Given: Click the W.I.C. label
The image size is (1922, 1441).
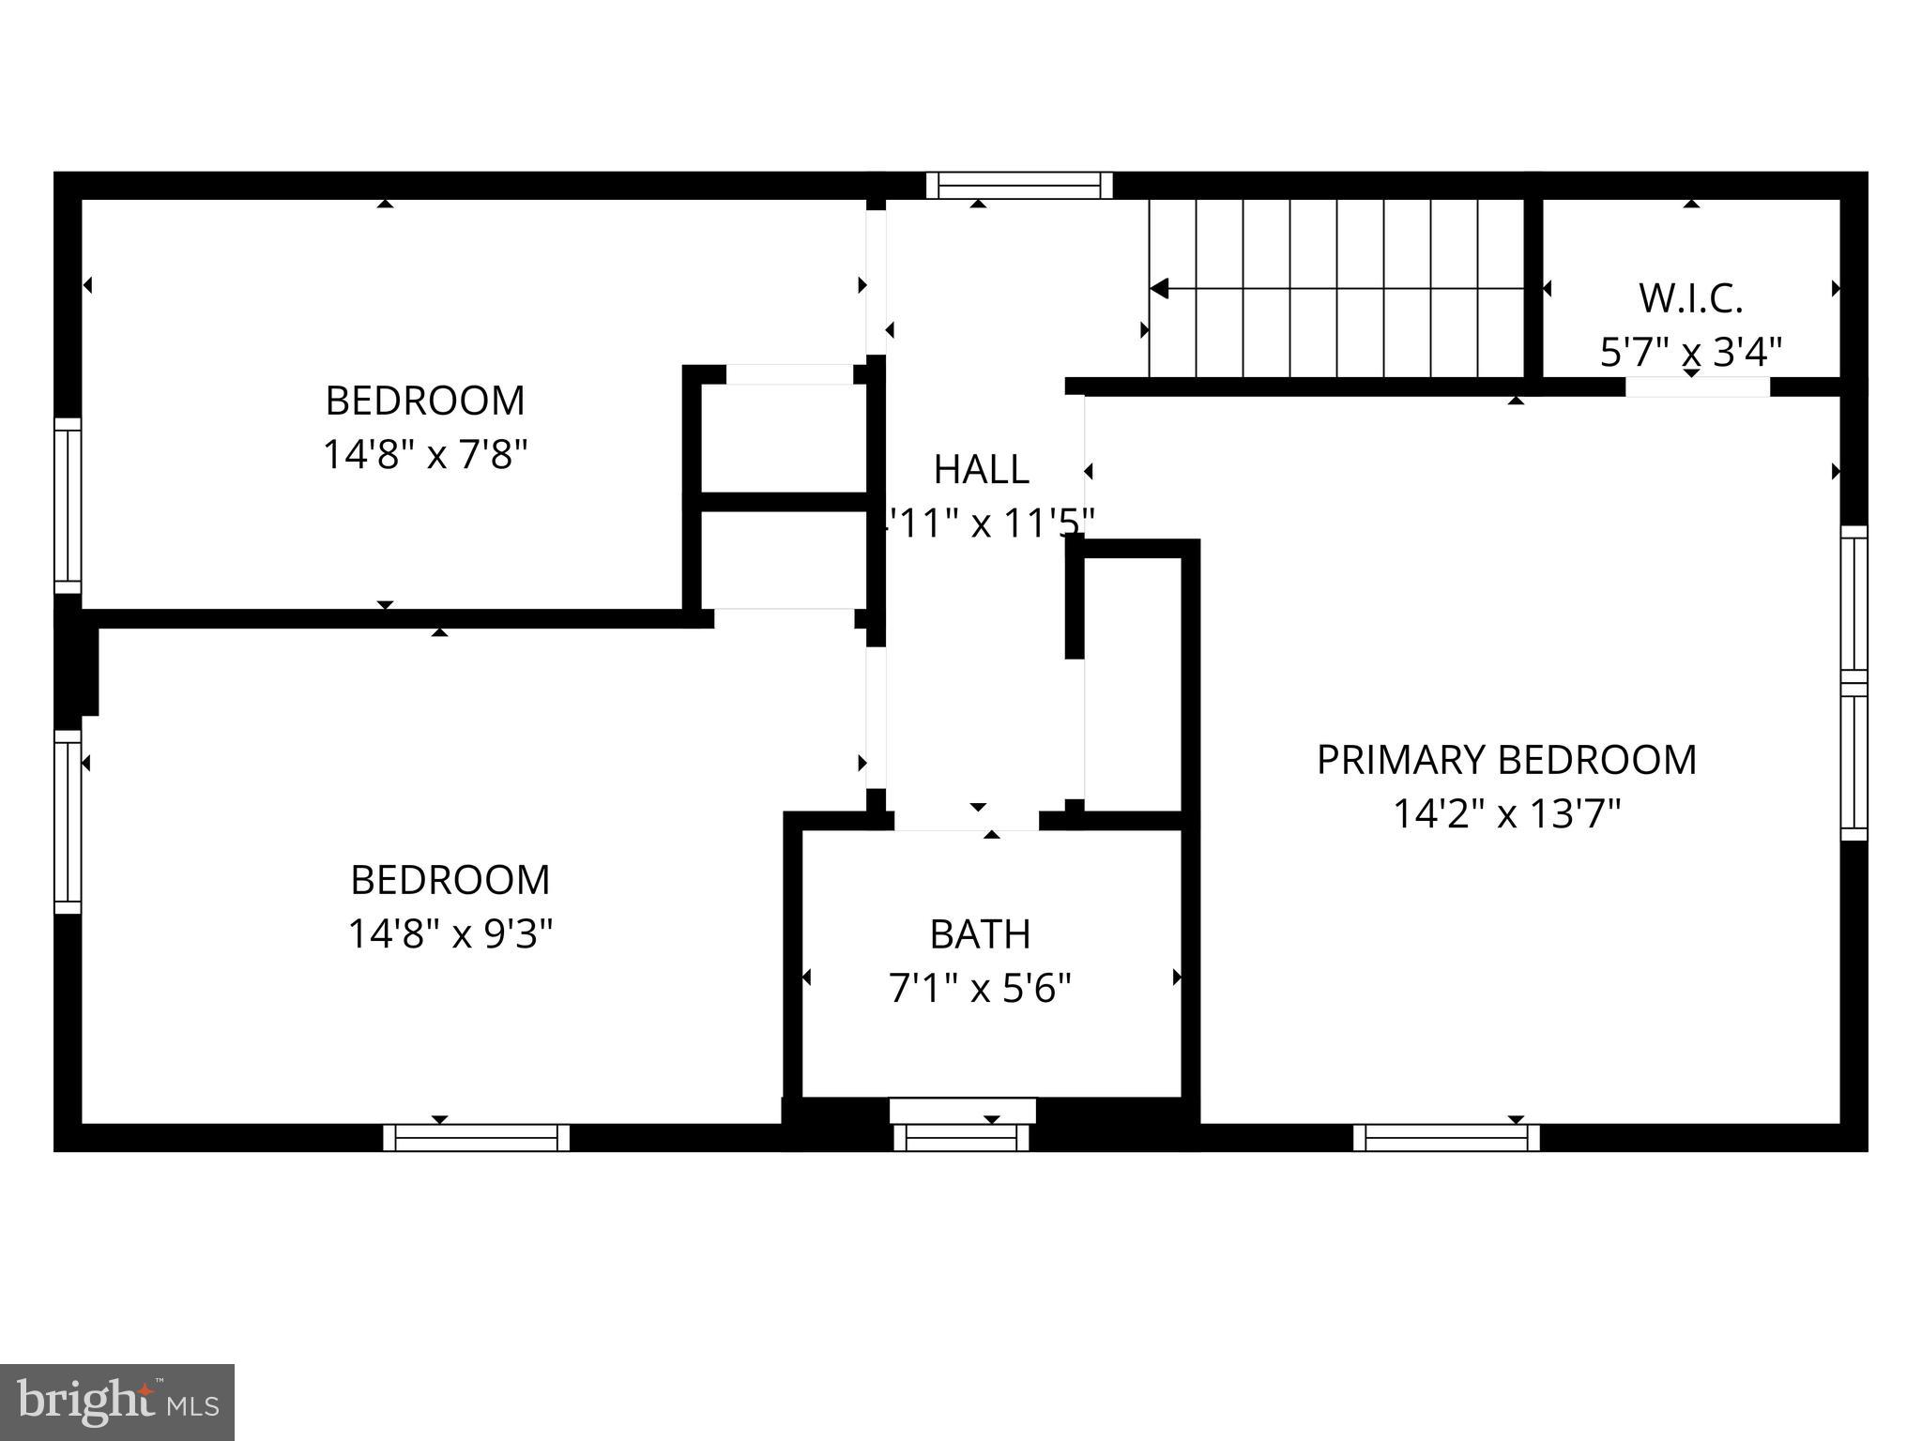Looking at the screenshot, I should pos(1690,299).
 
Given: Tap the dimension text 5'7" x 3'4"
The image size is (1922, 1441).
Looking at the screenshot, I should pos(1690,354).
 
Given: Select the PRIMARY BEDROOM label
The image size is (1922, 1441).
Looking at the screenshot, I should pos(1506,760).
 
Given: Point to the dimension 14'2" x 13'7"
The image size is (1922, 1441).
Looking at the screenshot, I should pos(1506,814).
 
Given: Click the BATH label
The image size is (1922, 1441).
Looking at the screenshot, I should pos(980,934).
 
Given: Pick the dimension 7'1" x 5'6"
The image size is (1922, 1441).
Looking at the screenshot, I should pos(980,989).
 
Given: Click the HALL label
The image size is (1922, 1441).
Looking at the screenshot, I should pos(981,469).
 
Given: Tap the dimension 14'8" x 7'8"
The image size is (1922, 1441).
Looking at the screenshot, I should pos(425,456).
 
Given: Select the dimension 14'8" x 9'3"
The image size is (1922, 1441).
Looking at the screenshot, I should pos(450,934).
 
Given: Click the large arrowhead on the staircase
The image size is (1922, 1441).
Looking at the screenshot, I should pos(1160,289).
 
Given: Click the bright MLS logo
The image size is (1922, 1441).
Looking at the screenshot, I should pos(117,1403).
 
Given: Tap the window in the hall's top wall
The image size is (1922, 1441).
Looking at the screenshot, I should pos(1019,186).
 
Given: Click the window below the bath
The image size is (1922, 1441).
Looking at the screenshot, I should pos(962,1136).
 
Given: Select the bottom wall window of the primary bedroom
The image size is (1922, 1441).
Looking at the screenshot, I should pos(1446,1138).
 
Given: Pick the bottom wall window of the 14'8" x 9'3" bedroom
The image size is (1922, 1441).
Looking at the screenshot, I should pos(476,1138).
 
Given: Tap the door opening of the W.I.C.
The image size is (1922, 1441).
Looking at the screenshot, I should pos(1697,387).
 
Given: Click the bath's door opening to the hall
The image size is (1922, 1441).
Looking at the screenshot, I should pos(967,821).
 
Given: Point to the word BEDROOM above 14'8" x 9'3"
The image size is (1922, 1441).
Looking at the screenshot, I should pos(450,880).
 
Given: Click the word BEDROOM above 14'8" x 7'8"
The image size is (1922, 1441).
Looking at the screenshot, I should pos(425,402).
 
